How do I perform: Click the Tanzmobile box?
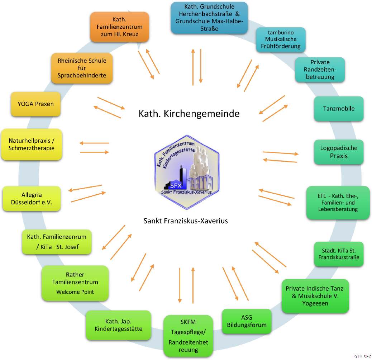coord(339,109)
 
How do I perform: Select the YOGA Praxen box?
coord(35,104)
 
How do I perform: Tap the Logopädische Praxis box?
coord(339,152)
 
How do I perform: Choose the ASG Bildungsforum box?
coord(247,321)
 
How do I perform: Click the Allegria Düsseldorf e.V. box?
coord(32,198)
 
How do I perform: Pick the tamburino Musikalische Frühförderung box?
coord(281,39)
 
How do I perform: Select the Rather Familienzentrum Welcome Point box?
coord(75,283)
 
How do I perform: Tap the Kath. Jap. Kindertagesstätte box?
coord(118,325)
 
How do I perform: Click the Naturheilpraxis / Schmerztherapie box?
coord(32,144)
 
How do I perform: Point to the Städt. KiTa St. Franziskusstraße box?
coord(339,254)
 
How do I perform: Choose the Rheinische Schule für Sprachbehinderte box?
coord(82,68)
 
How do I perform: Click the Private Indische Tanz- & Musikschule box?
coord(315,296)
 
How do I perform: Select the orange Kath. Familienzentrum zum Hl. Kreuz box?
coord(119,27)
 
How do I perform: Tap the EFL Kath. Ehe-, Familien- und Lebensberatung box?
coord(338,203)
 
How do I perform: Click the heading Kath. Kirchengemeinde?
coord(189,114)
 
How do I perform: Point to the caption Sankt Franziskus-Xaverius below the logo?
coord(186,221)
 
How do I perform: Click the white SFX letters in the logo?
coord(176,186)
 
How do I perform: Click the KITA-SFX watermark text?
coord(362,356)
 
